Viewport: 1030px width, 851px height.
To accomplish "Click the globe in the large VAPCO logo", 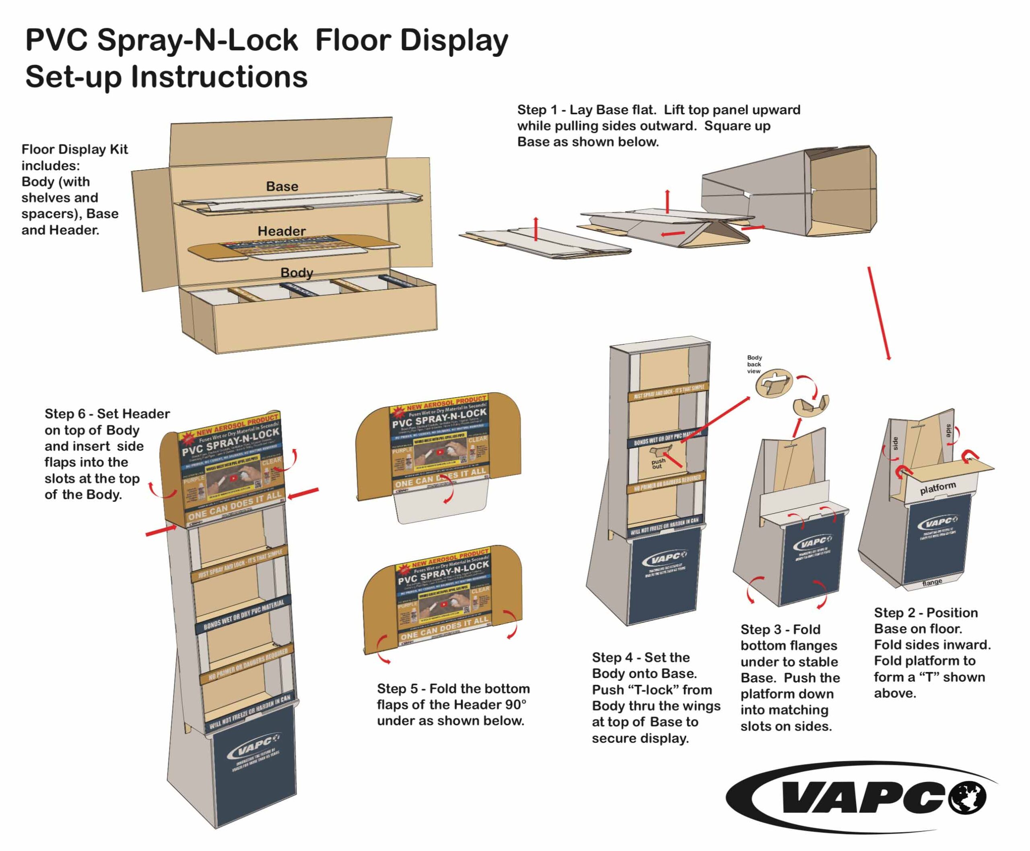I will [967, 797].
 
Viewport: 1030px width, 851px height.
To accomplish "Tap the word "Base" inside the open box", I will [282, 186].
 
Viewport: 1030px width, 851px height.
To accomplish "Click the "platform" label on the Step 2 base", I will [938, 488].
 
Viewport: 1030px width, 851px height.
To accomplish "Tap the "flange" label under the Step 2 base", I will [932, 582].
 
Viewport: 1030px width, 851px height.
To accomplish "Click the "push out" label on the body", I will [658, 463].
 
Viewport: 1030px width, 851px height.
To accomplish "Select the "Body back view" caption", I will [754, 364].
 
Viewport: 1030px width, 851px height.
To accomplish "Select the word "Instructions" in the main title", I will [218, 77].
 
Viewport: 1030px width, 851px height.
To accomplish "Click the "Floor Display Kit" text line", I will [74, 150].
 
